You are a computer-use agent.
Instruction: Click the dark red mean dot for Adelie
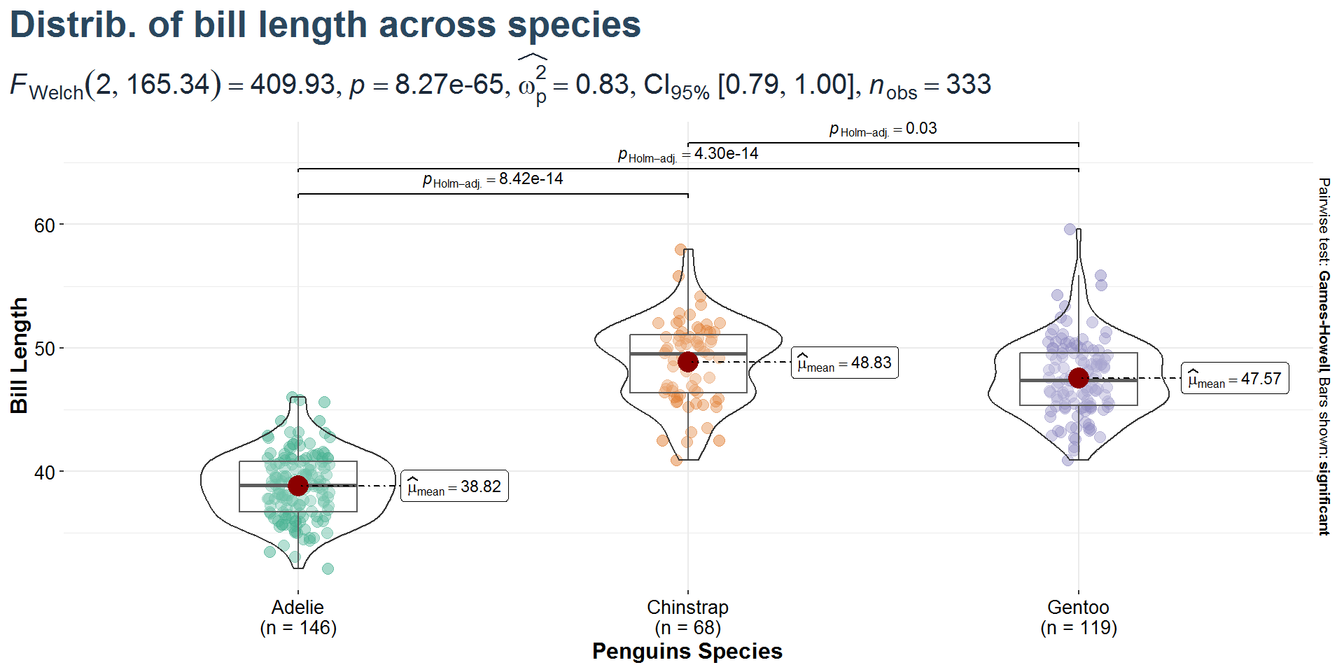(298, 485)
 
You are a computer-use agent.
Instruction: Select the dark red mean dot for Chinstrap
(688, 362)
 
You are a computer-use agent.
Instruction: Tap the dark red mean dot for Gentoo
(1079, 378)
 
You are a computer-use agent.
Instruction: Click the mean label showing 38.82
(454, 486)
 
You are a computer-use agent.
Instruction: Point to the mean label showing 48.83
(844, 363)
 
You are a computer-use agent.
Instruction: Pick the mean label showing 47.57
(1235, 379)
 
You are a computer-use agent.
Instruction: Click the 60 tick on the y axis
(45, 225)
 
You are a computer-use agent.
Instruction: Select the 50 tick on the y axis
(45, 349)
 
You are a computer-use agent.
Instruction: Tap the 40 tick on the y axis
(45, 472)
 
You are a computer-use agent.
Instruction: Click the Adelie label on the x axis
(298, 608)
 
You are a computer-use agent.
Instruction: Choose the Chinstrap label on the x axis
(688, 608)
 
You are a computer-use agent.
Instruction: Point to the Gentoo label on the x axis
(1079, 608)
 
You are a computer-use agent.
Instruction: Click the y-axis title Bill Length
(20, 356)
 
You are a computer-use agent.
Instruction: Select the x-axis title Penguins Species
(687, 651)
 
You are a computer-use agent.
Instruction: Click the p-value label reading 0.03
(883, 129)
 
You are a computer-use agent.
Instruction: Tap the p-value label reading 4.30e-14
(688, 154)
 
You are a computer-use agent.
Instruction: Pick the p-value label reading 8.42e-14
(493, 179)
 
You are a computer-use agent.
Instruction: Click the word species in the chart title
(574, 25)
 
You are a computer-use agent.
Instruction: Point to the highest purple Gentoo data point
(1070, 229)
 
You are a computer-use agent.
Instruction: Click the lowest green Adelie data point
(328, 568)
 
